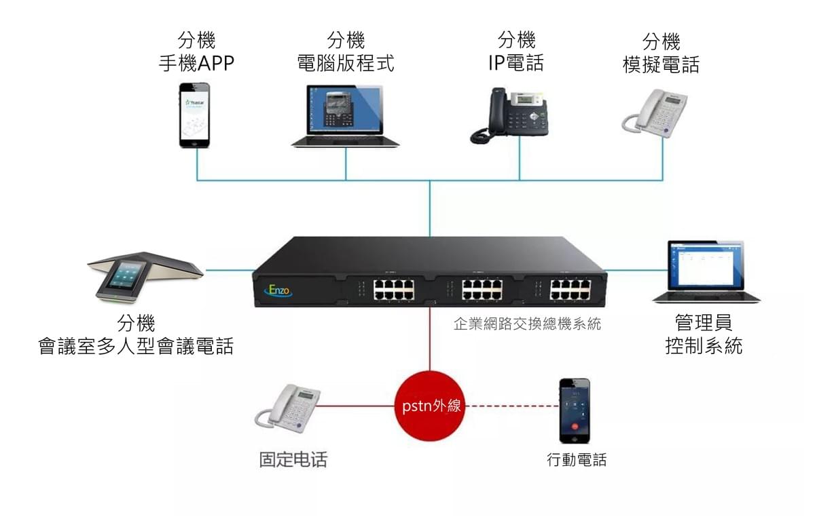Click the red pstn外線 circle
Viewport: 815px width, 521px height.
[429, 406]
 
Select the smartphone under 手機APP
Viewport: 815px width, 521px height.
[194, 115]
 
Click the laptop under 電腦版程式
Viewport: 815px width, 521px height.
[345, 116]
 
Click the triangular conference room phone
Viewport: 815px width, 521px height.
[143, 276]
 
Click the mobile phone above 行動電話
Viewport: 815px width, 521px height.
[574, 410]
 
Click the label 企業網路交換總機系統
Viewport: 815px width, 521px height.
[527, 324]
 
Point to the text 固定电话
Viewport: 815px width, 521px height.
[293, 460]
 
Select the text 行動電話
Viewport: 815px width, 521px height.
[577, 460]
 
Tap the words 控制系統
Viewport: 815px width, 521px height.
[704, 346]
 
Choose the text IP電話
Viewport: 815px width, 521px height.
[515, 63]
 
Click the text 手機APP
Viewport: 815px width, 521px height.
[196, 63]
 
